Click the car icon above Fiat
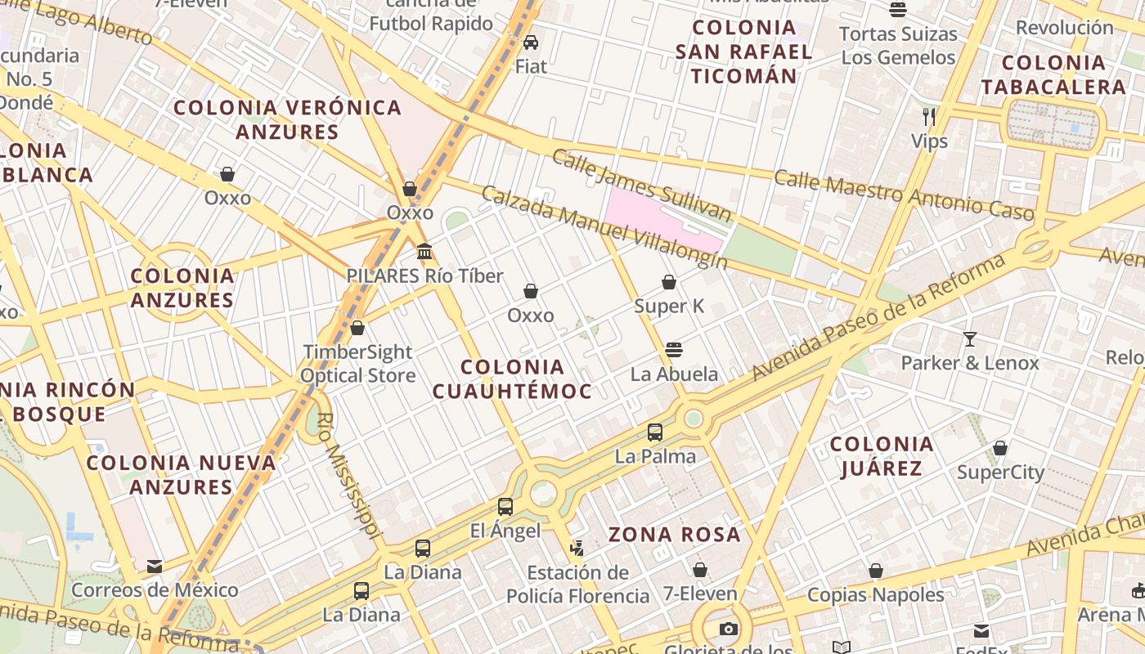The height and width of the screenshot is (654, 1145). (x=531, y=42)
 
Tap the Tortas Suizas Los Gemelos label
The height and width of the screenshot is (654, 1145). (x=898, y=46)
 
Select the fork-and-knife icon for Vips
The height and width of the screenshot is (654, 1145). (x=929, y=116)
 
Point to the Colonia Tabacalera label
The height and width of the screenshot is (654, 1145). (x=1053, y=75)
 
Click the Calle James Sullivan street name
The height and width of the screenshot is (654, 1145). (x=640, y=186)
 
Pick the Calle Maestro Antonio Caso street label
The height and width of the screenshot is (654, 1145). (x=904, y=194)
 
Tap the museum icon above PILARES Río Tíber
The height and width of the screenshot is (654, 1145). (x=424, y=251)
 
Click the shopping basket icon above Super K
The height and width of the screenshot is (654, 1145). (x=669, y=282)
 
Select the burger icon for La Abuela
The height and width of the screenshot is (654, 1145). (x=674, y=350)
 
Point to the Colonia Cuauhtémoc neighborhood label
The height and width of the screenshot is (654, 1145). (x=512, y=379)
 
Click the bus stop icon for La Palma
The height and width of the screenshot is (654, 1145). (x=655, y=432)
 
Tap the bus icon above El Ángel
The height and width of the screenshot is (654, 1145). (x=505, y=507)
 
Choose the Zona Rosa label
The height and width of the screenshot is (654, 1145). (x=675, y=535)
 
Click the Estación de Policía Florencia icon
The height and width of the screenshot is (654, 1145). (x=577, y=548)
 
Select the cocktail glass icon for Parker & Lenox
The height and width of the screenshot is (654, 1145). (x=970, y=338)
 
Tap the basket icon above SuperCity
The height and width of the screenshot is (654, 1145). (x=1000, y=448)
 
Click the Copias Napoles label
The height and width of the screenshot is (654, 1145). (x=876, y=595)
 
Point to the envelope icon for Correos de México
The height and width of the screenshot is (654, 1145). (x=155, y=566)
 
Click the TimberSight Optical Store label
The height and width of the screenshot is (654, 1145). (x=358, y=364)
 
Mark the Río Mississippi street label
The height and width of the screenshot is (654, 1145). (x=349, y=475)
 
